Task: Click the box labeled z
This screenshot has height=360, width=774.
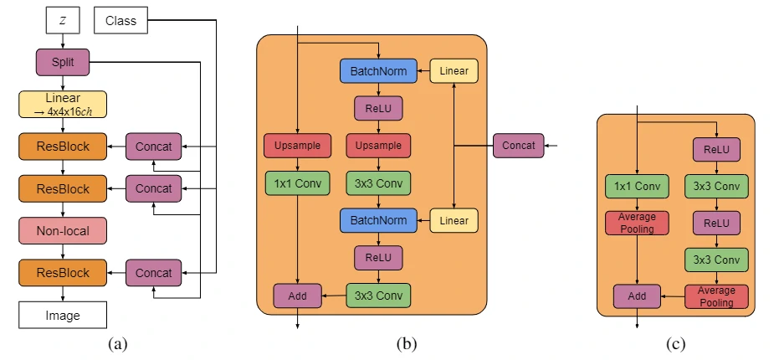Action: pos(63,20)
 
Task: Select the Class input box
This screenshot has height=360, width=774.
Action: pos(121,20)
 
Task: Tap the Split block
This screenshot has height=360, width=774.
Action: pos(63,62)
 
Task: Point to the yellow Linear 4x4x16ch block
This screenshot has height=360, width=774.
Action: pos(63,104)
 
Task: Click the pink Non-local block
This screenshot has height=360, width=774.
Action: pos(63,230)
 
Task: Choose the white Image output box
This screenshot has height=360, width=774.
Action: pos(63,316)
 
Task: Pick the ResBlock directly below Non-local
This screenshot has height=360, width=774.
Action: pos(63,273)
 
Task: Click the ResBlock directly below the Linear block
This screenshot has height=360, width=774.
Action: pos(63,147)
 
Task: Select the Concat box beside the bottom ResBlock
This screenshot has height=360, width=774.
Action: pos(153,273)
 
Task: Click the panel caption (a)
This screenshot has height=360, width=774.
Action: pos(117,342)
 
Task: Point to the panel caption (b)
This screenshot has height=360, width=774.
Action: pos(407,342)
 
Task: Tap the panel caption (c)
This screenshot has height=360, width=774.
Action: pos(675,342)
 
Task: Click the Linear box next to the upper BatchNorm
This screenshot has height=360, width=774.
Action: pos(454,71)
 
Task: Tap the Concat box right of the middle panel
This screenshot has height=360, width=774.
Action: pos(519,146)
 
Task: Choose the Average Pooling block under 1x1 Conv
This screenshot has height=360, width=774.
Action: pos(637,223)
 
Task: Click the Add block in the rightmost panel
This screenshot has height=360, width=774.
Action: pos(637,296)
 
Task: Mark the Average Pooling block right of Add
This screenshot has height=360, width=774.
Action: pos(716,296)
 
